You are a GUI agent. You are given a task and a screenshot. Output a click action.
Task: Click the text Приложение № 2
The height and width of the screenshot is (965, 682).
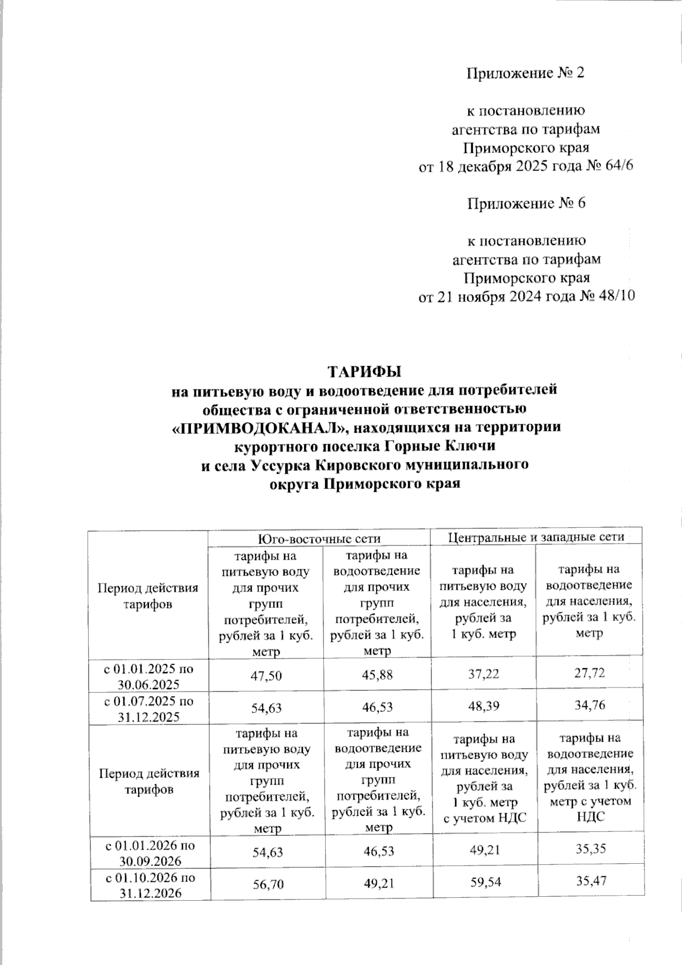[525, 73]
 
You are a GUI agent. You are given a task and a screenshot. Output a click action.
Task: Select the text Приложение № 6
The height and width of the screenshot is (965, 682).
[526, 204]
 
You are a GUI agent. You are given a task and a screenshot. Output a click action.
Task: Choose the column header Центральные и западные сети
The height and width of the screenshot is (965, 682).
[537, 537]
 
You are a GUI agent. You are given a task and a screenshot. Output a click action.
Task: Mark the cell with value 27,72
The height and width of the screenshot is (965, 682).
[589, 674]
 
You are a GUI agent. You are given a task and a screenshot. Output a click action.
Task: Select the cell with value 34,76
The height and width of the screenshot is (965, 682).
[589, 706]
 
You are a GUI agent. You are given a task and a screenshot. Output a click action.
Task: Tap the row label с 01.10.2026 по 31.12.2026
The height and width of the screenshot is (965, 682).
[149, 885]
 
